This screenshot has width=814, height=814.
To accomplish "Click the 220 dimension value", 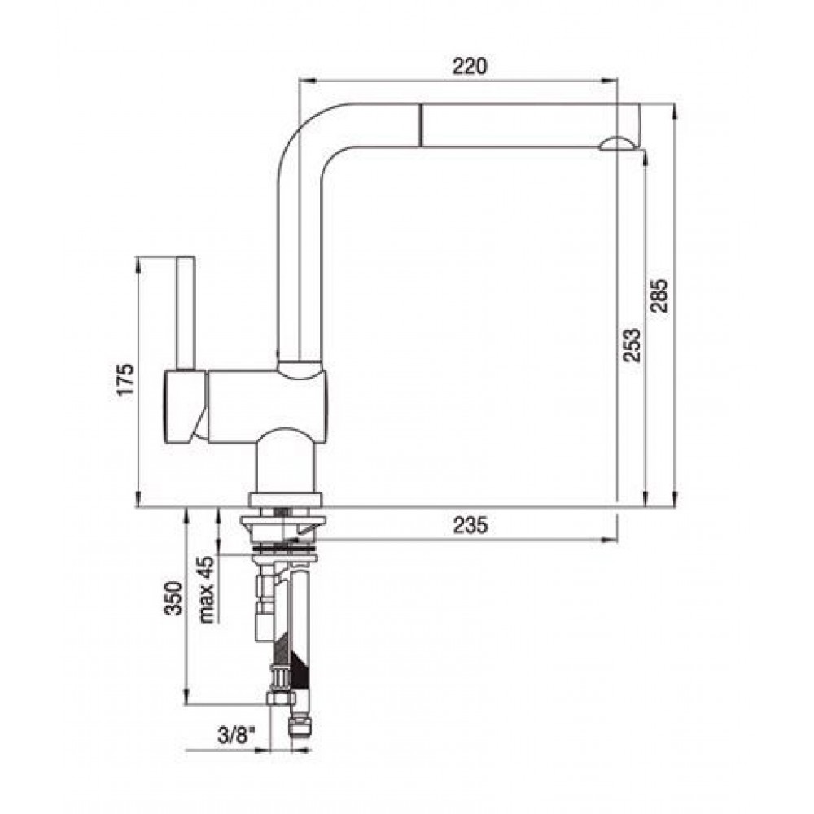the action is pos(470,66).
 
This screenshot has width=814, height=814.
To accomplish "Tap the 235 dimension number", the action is pos(470,525).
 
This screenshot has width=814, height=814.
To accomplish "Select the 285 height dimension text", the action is pos(659,296).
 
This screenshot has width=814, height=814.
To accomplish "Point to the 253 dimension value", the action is pos(632,345).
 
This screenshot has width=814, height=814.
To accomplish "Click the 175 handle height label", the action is pos(125,380).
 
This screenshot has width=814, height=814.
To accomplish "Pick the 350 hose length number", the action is pos(173,598).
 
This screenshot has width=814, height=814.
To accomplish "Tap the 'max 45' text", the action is pos(206,589).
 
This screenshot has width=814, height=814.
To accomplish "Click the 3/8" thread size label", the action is pos(237,736).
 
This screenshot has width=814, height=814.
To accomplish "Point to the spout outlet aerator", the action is pos(617,144).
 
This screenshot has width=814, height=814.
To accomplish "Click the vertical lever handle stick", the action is pos(186,313).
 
